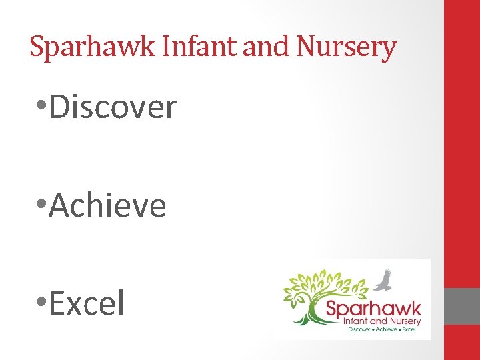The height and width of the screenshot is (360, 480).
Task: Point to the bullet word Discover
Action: [x=113, y=107]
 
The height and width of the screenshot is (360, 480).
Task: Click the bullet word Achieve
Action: [x=107, y=205]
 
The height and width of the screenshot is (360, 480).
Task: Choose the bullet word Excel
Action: [x=87, y=303]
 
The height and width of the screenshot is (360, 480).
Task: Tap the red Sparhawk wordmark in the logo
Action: [x=373, y=309]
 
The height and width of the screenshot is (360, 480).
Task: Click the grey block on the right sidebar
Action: [x=462, y=306]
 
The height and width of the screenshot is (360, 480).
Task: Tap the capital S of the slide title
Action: [x=37, y=47]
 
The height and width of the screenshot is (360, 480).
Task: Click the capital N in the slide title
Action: [x=304, y=47]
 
